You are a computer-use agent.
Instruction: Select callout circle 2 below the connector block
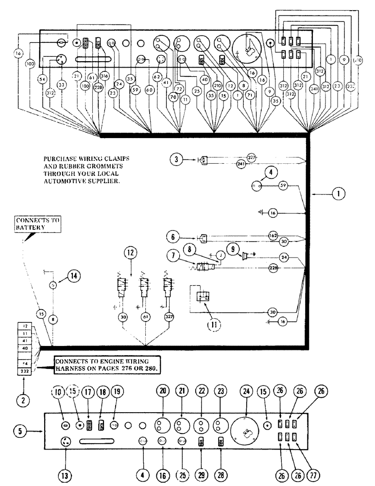click(x=24, y=400)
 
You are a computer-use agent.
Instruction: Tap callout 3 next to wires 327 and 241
click(x=177, y=159)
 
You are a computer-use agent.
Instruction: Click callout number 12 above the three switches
click(x=131, y=254)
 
